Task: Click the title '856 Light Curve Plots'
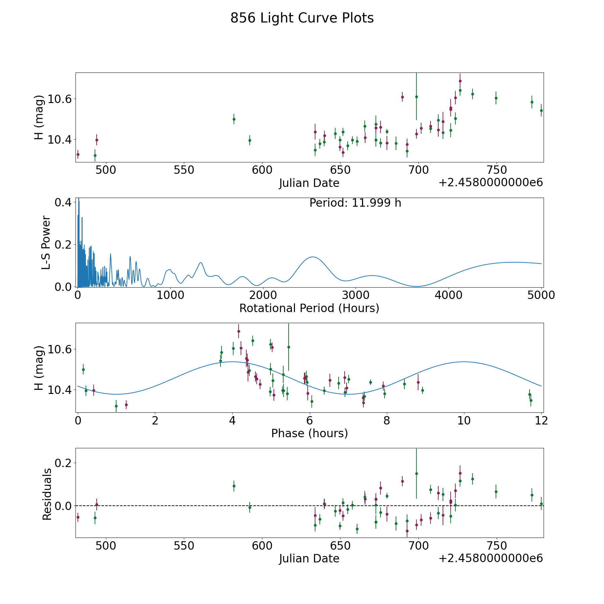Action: click(302, 18)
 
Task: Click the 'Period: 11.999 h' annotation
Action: click(355, 203)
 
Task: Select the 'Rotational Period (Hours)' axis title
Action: click(309, 308)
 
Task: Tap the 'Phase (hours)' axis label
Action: click(309, 433)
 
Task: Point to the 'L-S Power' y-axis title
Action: click(46, 242)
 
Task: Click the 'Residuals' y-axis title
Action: click(47, 494)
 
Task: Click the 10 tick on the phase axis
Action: click(464, 420)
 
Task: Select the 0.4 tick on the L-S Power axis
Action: click(63, 202)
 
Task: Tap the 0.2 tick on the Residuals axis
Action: click(63, 463)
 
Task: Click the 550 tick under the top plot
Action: click(184, 170)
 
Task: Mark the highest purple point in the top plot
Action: click(460, 81)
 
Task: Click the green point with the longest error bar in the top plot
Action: click(416, 97)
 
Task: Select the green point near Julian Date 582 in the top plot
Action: click(234, 119)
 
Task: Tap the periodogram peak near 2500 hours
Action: click(313, 257)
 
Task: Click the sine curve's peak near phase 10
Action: click(464, 362)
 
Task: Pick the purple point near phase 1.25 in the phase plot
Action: click(126, 405)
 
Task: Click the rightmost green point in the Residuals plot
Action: click(541, 504)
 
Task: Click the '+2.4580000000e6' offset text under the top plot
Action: click(491, 183)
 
